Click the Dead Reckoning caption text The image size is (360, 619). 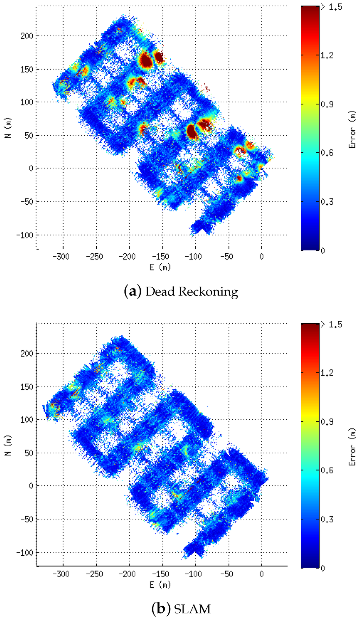[181, 292]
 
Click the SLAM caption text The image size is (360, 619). [181, 609]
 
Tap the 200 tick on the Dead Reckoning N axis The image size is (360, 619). [27, 36]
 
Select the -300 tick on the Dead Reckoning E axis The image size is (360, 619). [61, 256]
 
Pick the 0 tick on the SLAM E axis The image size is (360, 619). [261, 574]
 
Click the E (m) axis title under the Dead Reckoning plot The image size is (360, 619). [160, 267]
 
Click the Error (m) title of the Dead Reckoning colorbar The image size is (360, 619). [352, 129]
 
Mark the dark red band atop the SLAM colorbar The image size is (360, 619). [310, 327]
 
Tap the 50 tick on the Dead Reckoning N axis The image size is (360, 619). [29, 135]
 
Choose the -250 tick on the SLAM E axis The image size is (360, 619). [94, 574]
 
